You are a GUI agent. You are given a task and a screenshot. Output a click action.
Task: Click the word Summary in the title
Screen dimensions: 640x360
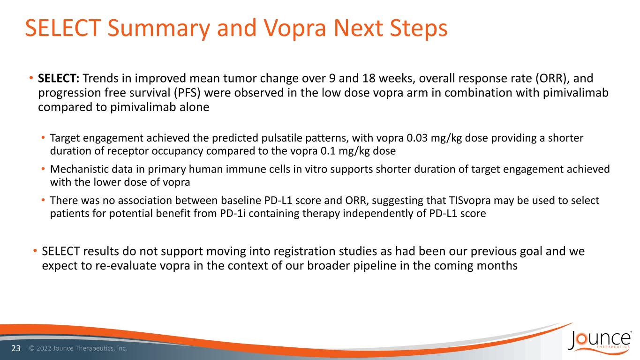tap(159, 29)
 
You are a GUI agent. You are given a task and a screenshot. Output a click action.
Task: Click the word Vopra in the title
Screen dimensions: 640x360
tap(294, 29)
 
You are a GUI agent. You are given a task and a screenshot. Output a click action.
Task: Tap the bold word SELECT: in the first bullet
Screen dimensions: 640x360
tap(59, 78)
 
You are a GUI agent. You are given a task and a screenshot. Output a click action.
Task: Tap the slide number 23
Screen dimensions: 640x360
tap(16, 348)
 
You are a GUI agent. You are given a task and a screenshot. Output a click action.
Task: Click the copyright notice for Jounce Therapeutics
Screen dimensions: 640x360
tap(78, 348)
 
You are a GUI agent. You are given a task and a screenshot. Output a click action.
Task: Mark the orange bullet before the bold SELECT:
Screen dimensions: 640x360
tap(31, 78)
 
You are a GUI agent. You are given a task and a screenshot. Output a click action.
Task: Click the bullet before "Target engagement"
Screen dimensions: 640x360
tap(43, 138)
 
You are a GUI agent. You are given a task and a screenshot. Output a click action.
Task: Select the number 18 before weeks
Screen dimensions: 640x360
tap(369, 78)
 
